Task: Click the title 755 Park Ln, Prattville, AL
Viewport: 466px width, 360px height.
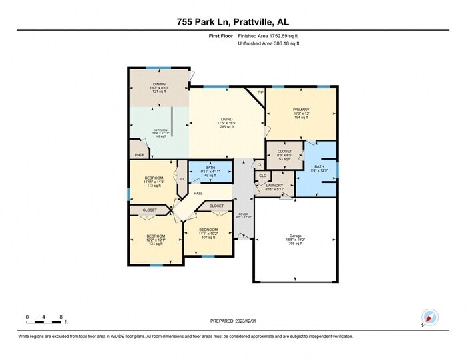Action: (x=233, y=22)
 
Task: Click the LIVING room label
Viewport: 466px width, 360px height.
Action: (x=227, y=119)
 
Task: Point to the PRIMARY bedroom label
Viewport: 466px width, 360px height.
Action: (x=301, y=110)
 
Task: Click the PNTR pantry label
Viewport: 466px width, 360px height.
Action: (x=140, y=154)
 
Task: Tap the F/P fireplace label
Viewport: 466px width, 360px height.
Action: (x=260, y=92)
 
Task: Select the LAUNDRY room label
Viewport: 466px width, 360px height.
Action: (x=275, y=186)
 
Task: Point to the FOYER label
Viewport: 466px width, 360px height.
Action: (x=243, y=214)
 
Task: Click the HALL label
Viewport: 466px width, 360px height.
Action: (x=198, y=193)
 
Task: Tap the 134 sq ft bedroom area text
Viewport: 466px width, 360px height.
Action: (x=156, y=244)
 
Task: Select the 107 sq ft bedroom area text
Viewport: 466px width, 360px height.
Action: (x=208, y=237)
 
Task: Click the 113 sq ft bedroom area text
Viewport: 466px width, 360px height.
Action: (x=154, y=186)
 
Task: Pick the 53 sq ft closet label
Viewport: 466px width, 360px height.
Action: (x=284, y=160)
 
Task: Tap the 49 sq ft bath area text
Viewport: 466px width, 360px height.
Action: (x=210, y=175)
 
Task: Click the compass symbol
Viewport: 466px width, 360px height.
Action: (x=427, y=319)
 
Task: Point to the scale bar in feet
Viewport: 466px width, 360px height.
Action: (x=44, y=322)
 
